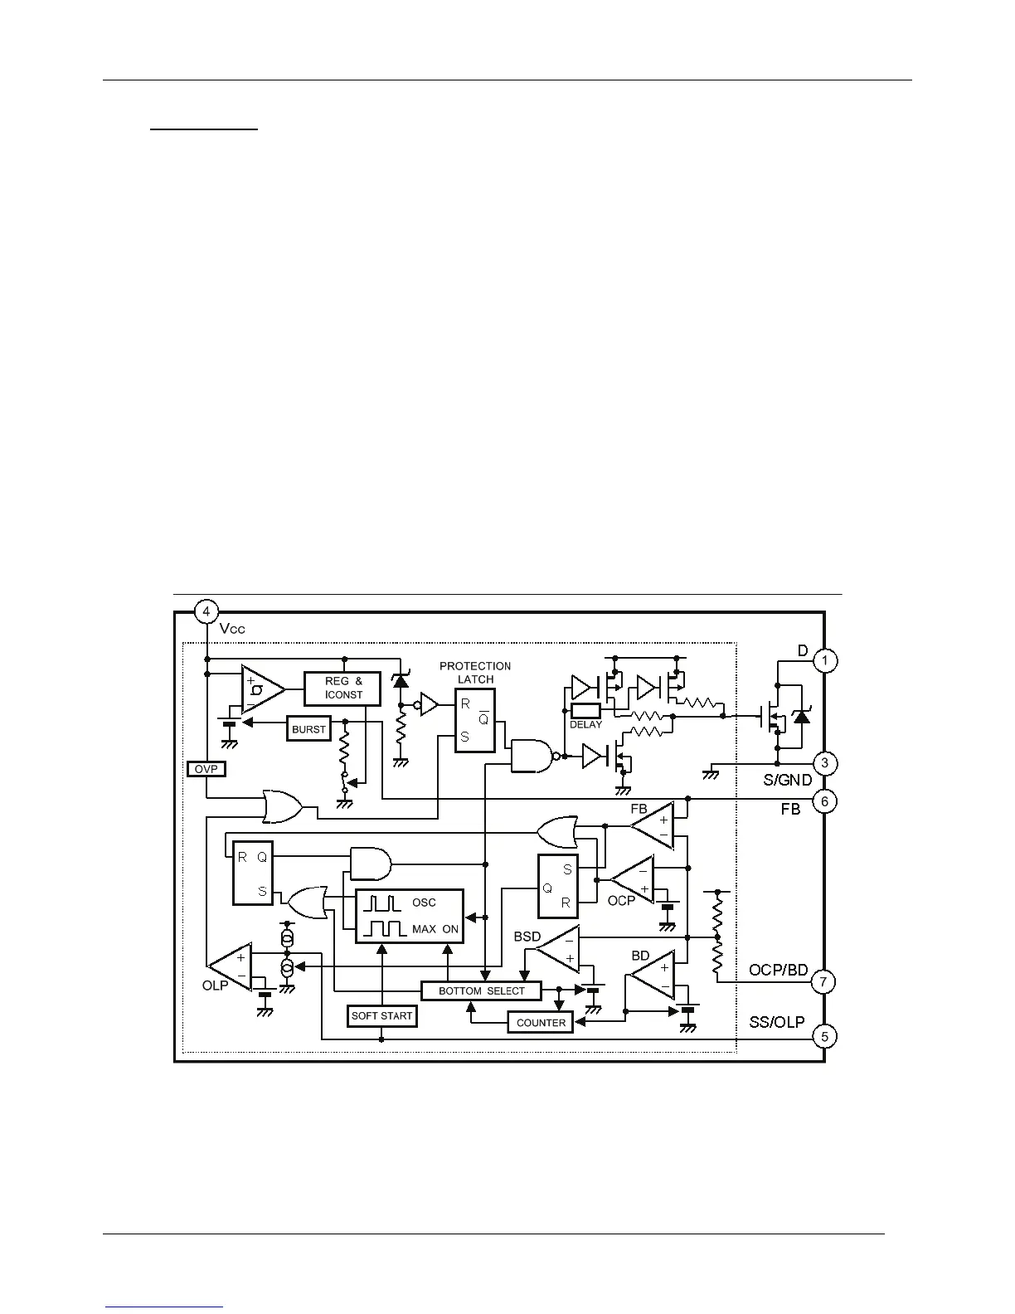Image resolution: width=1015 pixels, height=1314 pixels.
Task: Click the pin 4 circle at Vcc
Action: (206, 612)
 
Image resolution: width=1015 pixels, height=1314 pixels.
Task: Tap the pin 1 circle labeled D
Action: (824, 660)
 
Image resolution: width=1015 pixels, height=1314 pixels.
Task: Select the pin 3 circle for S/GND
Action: (824, 763)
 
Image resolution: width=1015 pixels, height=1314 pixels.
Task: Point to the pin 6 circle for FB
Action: (824, 801)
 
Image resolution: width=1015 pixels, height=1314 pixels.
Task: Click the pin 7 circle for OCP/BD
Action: (823, 982)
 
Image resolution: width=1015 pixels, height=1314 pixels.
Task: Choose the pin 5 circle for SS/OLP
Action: (823, 1036)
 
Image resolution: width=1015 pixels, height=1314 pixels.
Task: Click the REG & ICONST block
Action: (343, 689)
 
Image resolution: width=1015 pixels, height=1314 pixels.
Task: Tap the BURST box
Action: (308, 729)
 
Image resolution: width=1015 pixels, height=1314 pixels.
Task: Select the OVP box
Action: (206, 769)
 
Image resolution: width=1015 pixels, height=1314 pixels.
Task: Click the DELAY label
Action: (585, 724)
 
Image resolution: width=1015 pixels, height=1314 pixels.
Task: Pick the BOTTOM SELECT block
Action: (481, 990)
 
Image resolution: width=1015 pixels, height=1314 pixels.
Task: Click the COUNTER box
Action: (541, 1023)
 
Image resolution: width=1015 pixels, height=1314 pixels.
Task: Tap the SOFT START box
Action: (381, 1015)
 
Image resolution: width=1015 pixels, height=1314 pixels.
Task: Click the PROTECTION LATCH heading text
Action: (475, 672)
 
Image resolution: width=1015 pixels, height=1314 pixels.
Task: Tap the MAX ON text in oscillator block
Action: (435, 929)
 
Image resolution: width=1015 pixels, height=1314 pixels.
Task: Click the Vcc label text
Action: (232, 629)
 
